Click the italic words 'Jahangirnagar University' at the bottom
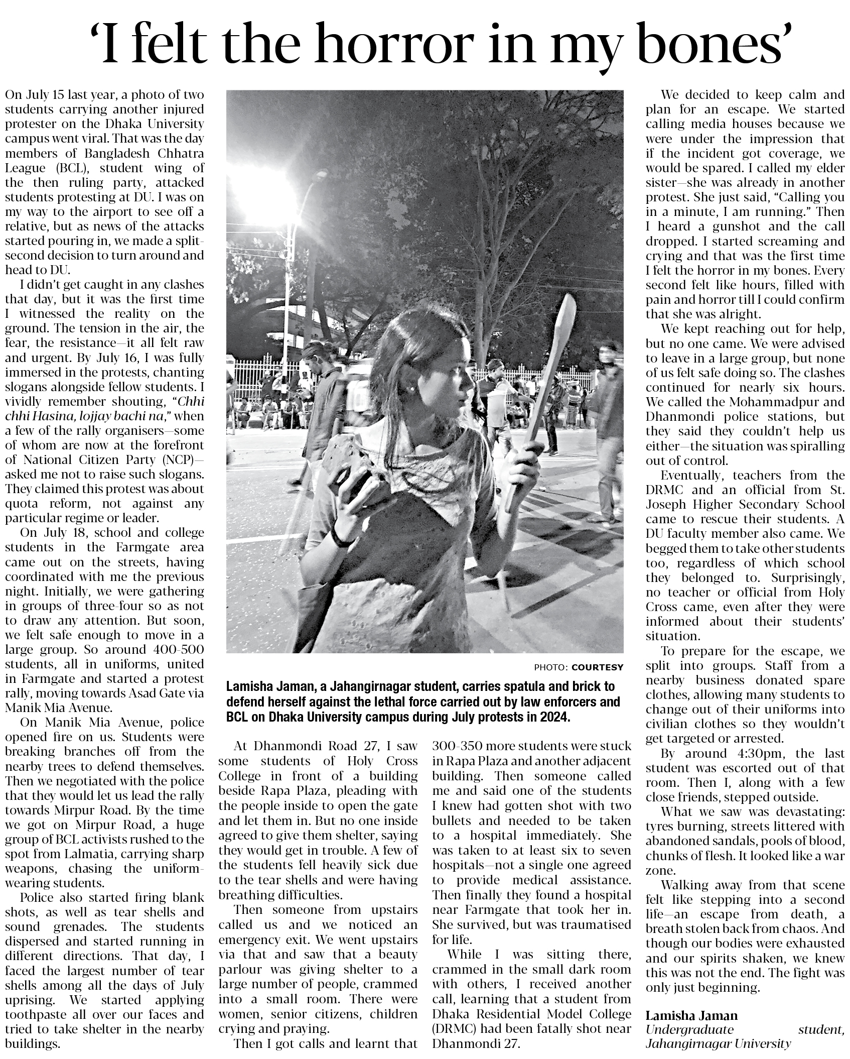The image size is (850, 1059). (718, 1043)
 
